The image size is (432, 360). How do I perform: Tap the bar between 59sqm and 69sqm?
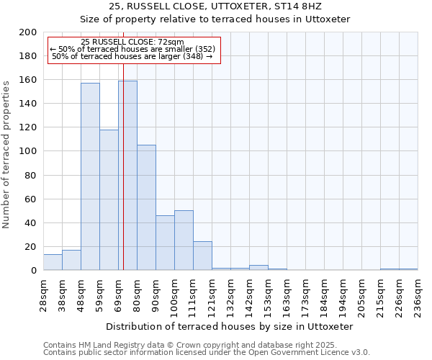tap(109, 199)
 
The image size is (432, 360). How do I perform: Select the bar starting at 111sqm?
tap(202, 256)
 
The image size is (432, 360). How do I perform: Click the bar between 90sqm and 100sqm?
tap(165, 243)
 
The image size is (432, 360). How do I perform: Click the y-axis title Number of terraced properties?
tap(6, 154)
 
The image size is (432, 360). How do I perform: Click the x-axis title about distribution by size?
tap(235, 326)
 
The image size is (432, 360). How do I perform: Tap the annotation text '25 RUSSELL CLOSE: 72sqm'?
tap(132, 42)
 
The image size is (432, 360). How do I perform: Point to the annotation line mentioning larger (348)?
tap(132, 56)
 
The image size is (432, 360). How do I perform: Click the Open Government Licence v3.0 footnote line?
tap(206, 352)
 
